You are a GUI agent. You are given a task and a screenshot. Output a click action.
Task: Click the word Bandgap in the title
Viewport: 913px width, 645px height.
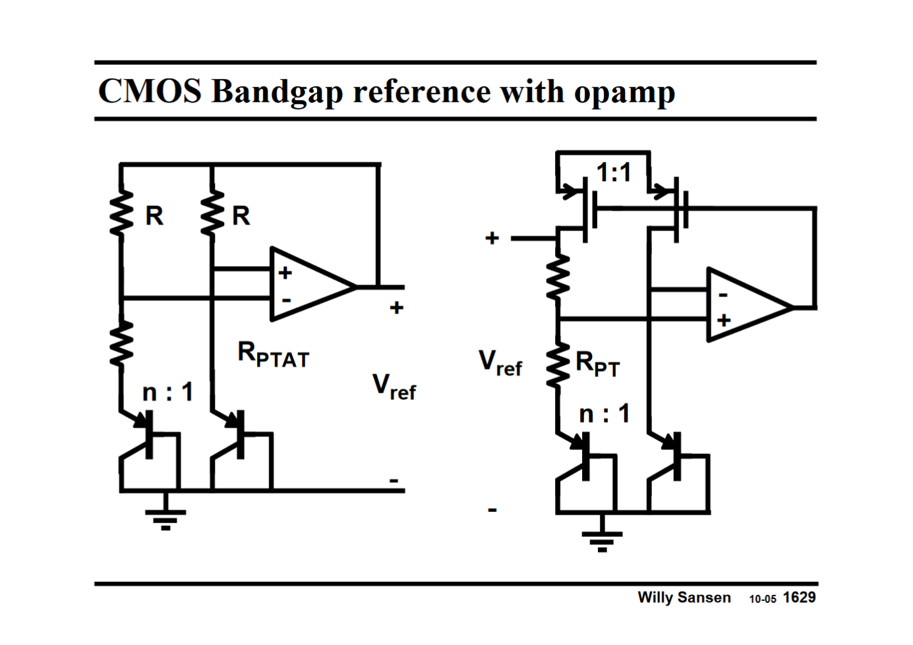278,92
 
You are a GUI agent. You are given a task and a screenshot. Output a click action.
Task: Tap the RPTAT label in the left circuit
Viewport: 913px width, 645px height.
273,355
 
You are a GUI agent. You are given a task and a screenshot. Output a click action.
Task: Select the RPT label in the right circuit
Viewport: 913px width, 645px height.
597,364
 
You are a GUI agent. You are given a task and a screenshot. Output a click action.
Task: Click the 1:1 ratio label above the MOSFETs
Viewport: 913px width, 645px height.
614,173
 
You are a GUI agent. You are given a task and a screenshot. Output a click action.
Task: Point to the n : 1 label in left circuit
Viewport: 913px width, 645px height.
168,393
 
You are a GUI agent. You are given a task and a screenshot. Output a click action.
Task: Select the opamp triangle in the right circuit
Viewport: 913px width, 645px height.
745,305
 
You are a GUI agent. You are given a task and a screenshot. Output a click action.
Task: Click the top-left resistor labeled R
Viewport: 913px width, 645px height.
121,213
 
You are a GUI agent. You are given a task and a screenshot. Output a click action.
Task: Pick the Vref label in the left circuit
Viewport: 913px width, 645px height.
394,387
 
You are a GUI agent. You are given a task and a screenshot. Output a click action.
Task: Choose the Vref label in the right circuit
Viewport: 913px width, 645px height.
500,363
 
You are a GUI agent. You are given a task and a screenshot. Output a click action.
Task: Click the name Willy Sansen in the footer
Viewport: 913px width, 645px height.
684,598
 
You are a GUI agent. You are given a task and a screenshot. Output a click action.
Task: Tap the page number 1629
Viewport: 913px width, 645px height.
799,598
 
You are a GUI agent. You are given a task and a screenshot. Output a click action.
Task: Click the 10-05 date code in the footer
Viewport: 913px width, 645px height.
762,600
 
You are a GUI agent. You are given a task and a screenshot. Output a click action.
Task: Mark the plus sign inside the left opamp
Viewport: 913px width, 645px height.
285,273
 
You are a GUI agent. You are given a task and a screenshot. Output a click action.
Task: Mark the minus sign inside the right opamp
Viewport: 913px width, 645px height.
723,295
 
